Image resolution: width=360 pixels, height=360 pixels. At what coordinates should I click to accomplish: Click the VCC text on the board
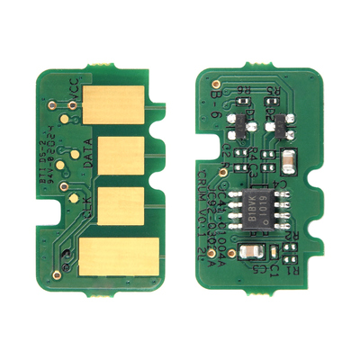coord(73,91)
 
